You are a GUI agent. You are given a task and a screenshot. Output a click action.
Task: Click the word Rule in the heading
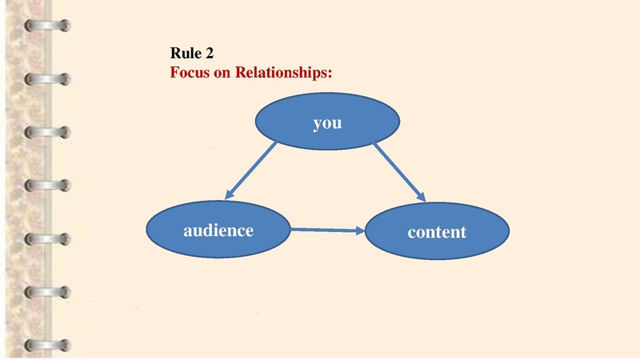tap(186, 54)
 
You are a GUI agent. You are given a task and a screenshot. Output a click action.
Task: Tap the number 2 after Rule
tap(209, 54)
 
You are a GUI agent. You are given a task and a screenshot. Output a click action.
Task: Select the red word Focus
tap(190, 72)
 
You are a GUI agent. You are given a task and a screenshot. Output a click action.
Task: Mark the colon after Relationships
tap(330, 73)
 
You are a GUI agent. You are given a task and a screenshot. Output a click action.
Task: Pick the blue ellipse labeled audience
tap(218, 230)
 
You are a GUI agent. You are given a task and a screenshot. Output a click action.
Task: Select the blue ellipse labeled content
tap(437, 232)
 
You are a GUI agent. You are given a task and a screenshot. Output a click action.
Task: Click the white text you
tap(327, 123)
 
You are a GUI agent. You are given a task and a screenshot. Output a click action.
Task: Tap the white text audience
tap(218, 230)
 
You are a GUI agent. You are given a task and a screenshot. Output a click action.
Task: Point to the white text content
tap(437, 233)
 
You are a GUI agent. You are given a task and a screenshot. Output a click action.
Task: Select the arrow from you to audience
tap(252, 170)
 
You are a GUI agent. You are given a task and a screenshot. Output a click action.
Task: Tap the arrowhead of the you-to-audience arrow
tap(229, 195)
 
